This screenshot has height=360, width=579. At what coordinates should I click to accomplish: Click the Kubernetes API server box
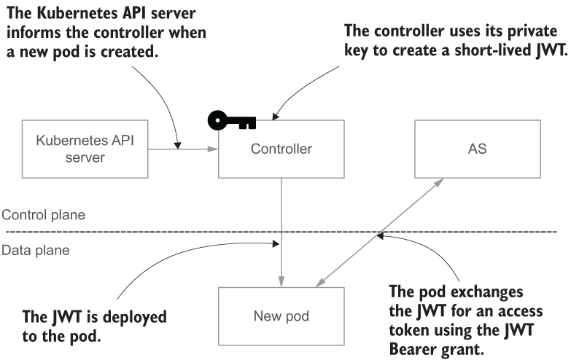click(x=85, y=149)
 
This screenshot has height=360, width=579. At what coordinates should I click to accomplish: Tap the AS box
click(x=477, y=149)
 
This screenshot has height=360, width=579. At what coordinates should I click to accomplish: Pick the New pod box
click(x=281, y=316)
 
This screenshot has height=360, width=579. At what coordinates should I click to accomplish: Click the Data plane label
click(x=36, y=250)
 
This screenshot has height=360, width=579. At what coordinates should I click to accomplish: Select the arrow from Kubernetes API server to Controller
click(x=182, y=149)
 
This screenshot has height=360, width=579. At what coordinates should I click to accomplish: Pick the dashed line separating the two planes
click(x=146, y=232)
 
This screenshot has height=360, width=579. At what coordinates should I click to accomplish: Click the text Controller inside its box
click(x=281, y=149)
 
